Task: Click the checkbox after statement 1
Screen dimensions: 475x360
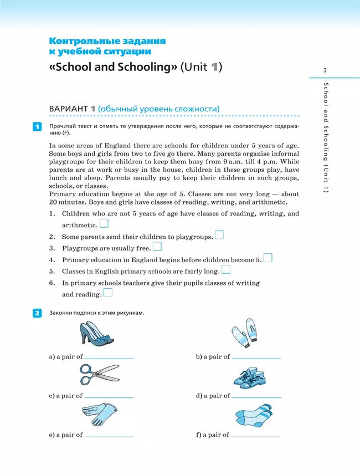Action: pyautogui.click(x=104, y=223)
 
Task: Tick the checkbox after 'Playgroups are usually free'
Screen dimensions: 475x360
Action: pyautogui.click(x=157, y=247)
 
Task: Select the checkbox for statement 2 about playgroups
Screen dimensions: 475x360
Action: pyautogui.click(x=219, y=235)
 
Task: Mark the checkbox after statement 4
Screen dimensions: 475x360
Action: pyautogui.click(x=268, y=258)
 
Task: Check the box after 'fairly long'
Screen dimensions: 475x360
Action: pyautogui.click(x=225, y=269)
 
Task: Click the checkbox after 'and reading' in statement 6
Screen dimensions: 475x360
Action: pyautogui.click(x=108, y=293)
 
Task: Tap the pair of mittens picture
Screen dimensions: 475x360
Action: pyautogui.click(x=244, y=334)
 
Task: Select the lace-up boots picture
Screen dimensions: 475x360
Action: pyautogui.click(x=244, y=376)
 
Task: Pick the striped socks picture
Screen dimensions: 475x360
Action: pyautogui.click(x=253, y=416)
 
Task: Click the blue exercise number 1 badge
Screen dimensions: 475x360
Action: pyautogui.click(x=37, y=128)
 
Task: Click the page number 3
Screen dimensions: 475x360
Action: pyautogui.click(x=325, y=69)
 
